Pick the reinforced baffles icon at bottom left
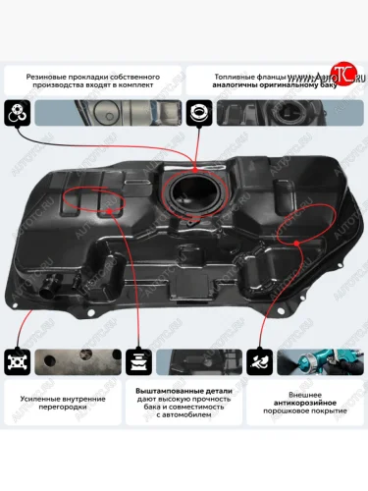point(16,360)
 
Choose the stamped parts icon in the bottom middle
point(138,360)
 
